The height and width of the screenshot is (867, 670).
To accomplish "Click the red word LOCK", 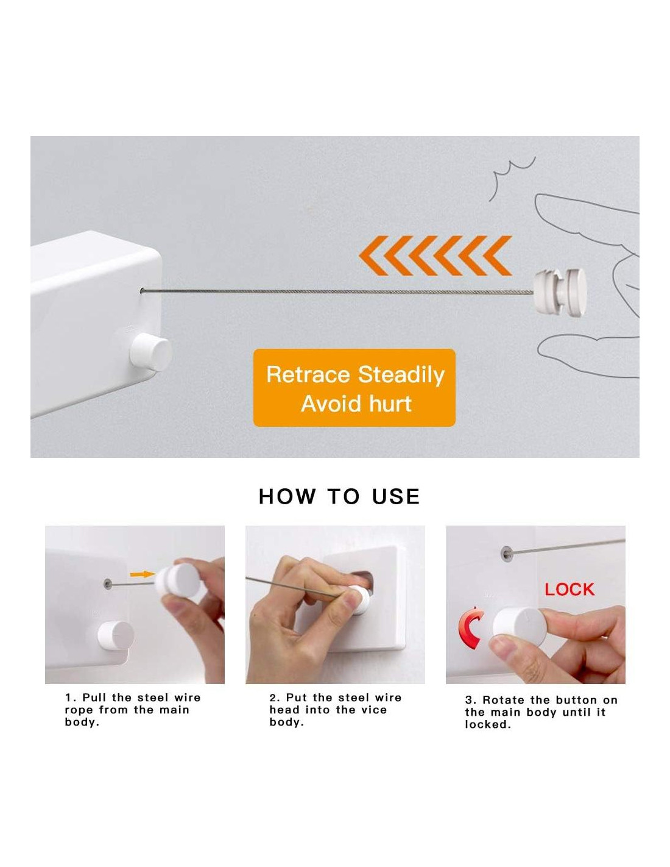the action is click(x=569, y=590).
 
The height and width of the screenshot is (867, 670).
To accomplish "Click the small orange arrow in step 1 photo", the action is click(x=143, y=574).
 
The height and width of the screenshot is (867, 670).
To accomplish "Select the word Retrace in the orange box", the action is click(x=307, y=374).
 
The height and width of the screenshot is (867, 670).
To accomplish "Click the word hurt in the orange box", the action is click(x=390, y=404).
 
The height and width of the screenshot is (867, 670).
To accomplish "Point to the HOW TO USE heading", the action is click(x=339, y=497).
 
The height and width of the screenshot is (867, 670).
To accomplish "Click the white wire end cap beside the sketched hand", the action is click(x=560, y=291).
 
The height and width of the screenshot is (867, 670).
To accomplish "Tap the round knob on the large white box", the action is click(x=151, y=353).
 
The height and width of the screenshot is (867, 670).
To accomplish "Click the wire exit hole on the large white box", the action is click(x=143, y=291).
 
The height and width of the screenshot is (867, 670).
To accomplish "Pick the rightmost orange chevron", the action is click(x=497, y=255).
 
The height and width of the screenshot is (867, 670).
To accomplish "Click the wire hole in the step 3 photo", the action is click(x=507, y=553).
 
